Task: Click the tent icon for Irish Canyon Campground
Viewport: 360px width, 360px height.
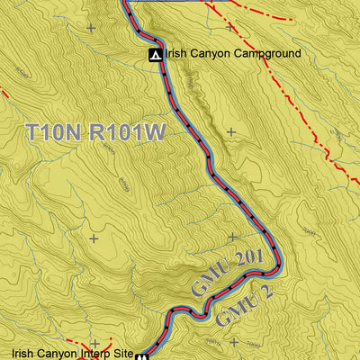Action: [x=156, y=55]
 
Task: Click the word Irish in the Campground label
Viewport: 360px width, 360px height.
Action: [x=176, y=54]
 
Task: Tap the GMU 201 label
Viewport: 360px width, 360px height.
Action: [x=227, y=274]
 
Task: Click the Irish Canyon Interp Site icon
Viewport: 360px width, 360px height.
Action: [x=142, y=355]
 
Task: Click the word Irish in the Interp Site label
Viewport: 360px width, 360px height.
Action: [x=23, y=354]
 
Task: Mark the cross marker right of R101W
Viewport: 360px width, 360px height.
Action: [x=231, y=132]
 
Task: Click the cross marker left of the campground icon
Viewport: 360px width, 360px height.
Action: [x=90, y=28]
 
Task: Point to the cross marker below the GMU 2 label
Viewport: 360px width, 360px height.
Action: [x=234, y=342]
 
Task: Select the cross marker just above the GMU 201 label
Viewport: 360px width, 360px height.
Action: [x=231, y=238]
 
